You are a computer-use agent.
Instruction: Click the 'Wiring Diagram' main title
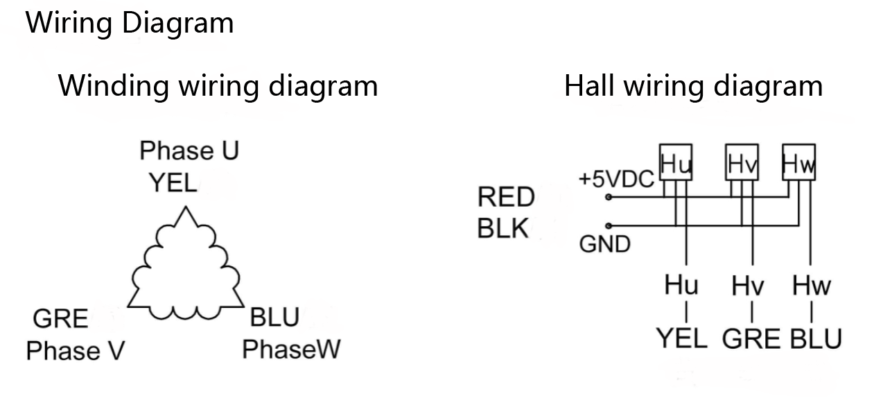tap(130, 23)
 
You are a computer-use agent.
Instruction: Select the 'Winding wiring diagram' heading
tap(218, 86)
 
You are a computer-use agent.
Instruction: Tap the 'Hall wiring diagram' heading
tap(693, 86)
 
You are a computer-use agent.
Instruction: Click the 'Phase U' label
tap(189, 150)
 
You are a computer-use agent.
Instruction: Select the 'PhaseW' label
tap(291, 349)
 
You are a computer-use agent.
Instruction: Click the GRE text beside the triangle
tap(61, 319)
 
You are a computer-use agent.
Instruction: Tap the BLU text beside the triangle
tap(274, 318)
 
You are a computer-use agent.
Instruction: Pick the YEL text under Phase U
tap(173, 183)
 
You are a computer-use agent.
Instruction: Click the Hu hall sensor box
tap(676, 164)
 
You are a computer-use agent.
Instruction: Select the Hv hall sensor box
tap(742, 164)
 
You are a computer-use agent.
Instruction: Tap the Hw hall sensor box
tap(798, 164)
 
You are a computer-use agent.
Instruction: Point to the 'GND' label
tap(604, 244)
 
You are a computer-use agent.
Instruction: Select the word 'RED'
tap(506, 198)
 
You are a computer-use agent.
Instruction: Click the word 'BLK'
tap(503, 229)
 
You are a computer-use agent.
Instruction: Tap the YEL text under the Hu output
tap(682, 339)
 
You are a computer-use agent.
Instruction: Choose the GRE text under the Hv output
tap(751, 339)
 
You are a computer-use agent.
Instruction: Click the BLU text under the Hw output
tap(816, 339)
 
